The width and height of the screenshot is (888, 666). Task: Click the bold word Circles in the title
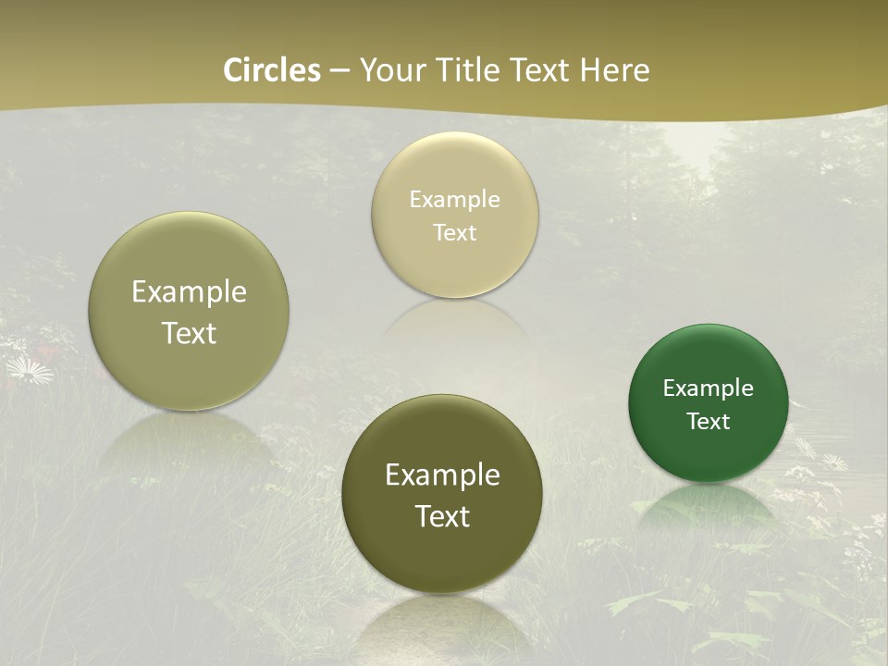click(x=272, y=70)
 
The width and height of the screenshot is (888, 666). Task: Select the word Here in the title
click(x=614, y=70)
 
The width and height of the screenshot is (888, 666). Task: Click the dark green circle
click(x=709, y=403)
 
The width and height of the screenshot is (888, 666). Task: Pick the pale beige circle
click(x=454, y=215)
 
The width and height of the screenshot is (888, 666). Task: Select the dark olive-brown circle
click(x=442, y=494)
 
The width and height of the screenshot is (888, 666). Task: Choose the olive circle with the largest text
click(x=189, y=312)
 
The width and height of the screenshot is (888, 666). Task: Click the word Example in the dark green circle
click(x=709, y=388)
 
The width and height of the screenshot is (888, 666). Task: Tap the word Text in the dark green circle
click(x=709, y=422)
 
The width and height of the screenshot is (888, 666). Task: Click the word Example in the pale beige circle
click(x=454, y=200)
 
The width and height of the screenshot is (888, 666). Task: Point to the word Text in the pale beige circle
click(x=454, y=233)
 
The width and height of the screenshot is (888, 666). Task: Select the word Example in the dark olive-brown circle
click(x=442, y=475)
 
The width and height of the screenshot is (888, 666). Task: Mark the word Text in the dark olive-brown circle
click(x=442, y=516)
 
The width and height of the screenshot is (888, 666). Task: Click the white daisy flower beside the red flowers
click(x=30, y=371)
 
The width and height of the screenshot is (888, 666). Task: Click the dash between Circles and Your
click(x=339, y=71)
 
